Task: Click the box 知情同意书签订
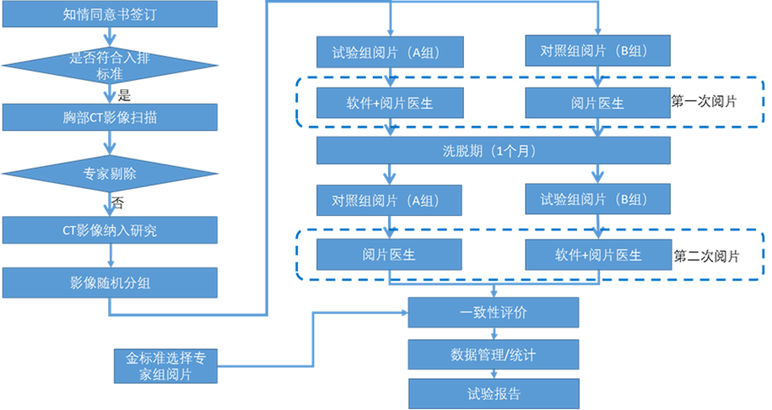[x=110, y=14]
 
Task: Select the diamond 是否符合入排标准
[x=110, y=65]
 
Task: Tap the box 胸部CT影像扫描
[x=110, y=117]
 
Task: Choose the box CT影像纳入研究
[x=110, y=229]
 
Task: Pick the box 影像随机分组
[x=110, y=283]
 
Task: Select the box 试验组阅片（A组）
[x=390, y=52]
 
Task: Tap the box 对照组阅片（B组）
[x=597, y=52]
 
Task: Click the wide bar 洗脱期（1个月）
[x=494, y=151]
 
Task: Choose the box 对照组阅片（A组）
[x=390, y=201]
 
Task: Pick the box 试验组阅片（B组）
[x=597, y=201]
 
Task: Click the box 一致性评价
[x=494, y=312]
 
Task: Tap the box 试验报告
[x=494, y=393]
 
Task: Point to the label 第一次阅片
[x=704, y=102]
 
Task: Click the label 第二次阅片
[x=707, y=255]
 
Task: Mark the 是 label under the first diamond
[x=125, y=94]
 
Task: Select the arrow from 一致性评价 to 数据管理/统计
[x=494, y=333]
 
